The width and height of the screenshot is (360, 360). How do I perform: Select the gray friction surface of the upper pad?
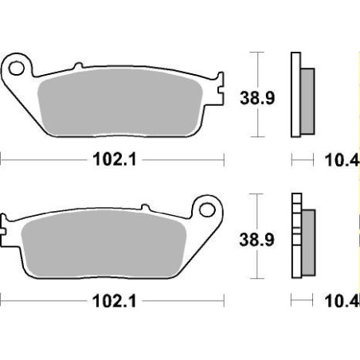119,100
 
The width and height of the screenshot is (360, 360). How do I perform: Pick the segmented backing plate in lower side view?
297,239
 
